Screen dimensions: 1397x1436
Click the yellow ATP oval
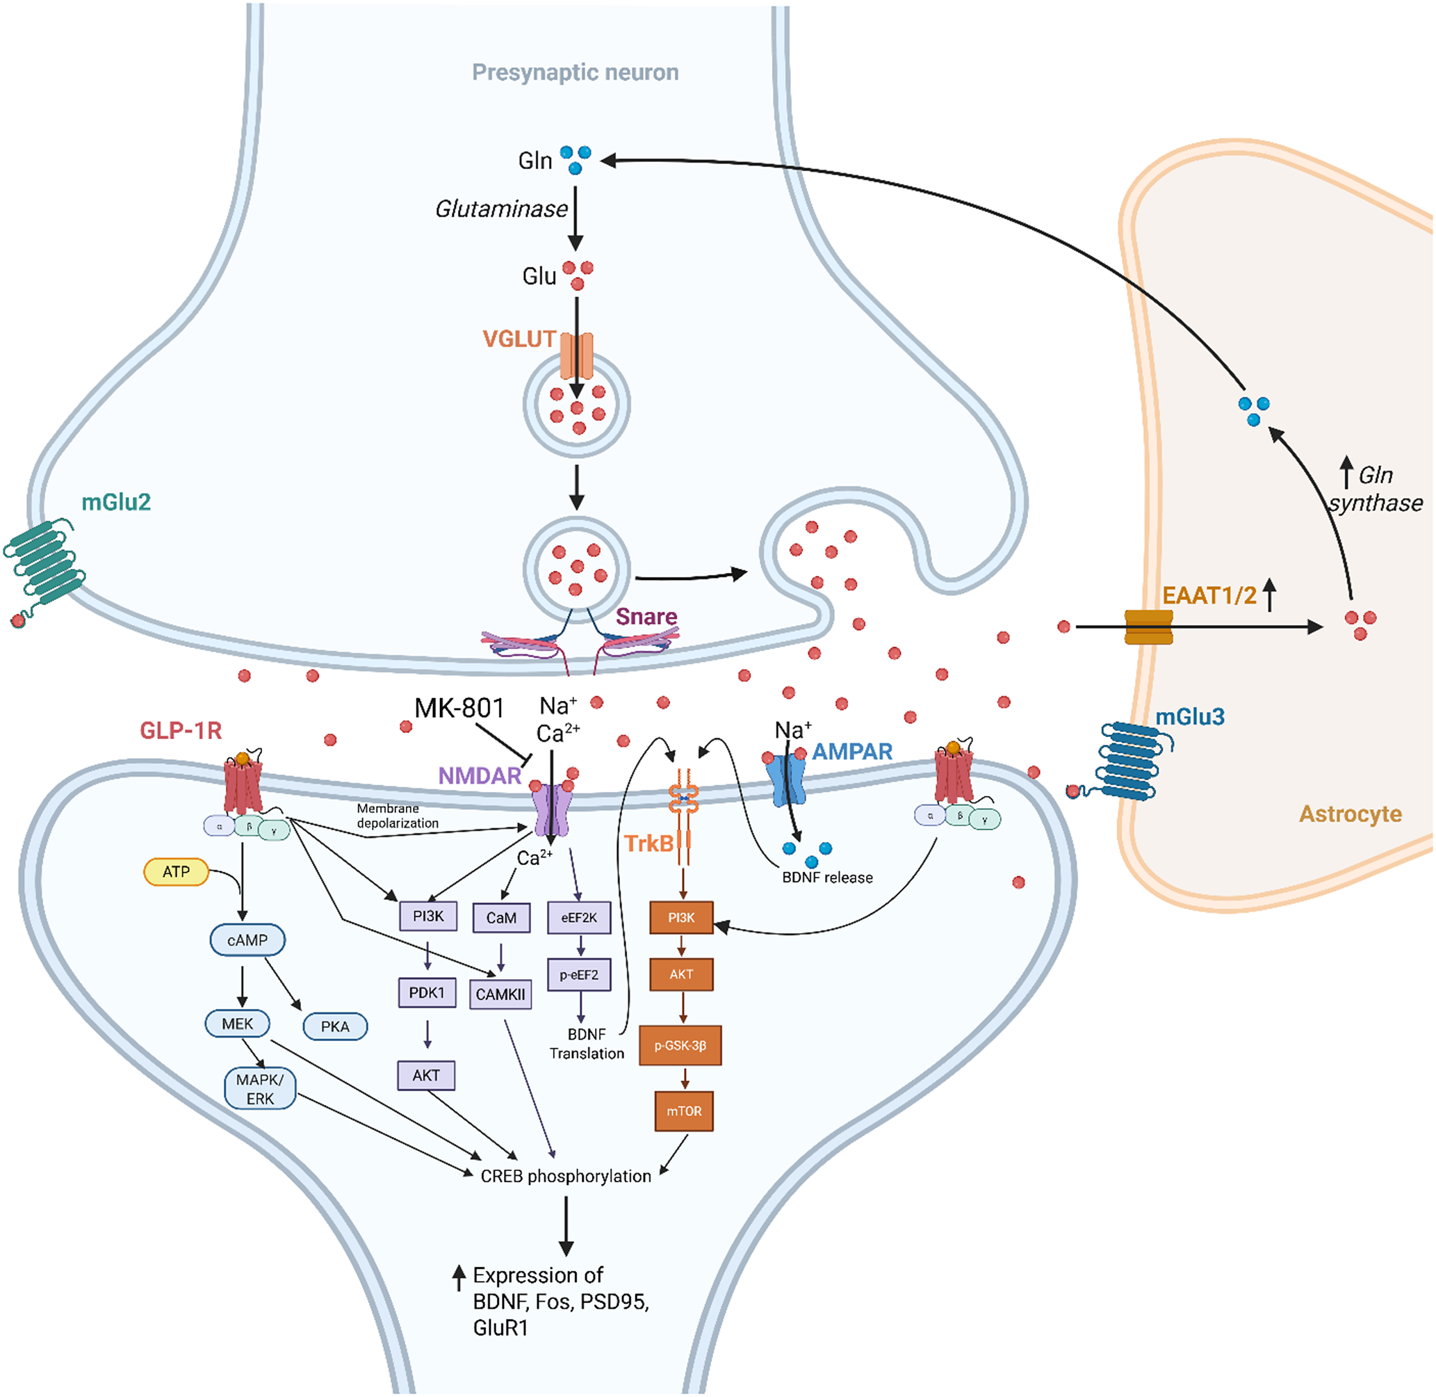(x=176, y=872)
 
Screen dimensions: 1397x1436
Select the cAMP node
(x=247, y=940)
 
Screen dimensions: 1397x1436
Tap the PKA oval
(x=335, y=1026)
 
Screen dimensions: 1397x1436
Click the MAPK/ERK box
(x=261, y=1089)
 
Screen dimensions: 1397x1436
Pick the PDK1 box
(x=427, y=993)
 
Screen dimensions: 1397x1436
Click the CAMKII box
(x=500, y=994)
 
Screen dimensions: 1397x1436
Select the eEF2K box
(x=579, y=918)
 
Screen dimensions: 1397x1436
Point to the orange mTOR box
(x=683, y=1111)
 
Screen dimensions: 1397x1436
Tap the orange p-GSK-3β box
(x=680, y=1046)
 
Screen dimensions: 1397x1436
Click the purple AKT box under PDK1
(x=426, y=1076)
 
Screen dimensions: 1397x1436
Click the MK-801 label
(x=459, y=708)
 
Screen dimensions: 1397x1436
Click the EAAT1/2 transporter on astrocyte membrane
(x=1148, y=627)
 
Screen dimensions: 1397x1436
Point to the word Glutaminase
(x=502, y=209)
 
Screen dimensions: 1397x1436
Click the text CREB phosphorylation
(x=566, y=1177)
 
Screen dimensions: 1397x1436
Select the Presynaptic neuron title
(x=575, y=72)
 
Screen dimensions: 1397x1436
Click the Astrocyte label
(x=1351, y=814)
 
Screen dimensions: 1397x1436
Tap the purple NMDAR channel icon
(x=550, y=811)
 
